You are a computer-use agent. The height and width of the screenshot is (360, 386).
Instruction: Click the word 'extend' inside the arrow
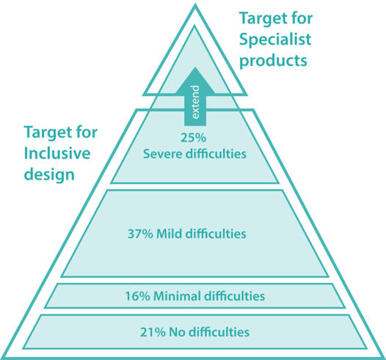pos(195,103)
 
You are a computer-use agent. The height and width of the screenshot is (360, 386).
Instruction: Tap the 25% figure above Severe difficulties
pos(193,138)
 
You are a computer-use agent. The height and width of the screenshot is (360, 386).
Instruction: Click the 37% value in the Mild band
pos(140,234)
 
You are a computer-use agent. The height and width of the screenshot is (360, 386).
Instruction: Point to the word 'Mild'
pos(170,233)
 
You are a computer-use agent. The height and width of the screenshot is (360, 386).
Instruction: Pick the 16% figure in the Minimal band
pos(138,296)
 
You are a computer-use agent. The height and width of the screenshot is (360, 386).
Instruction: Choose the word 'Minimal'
pos(177,295)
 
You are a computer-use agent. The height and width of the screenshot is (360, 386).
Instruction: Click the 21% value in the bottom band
pos(153,332)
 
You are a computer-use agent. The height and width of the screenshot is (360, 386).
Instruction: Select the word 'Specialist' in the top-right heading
pos(275,40)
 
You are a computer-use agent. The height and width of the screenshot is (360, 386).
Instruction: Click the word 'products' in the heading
pos(273,61)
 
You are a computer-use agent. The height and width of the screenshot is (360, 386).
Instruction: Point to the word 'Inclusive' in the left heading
pos(57,153)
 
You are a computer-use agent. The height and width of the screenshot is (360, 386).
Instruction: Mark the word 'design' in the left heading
pos(49,175)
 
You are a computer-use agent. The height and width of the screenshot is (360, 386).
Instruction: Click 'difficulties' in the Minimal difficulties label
pos(235,295)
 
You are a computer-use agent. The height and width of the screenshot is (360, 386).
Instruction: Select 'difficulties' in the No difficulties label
pos(219,332)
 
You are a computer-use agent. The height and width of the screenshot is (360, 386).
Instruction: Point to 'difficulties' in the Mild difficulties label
pos(216,233)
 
